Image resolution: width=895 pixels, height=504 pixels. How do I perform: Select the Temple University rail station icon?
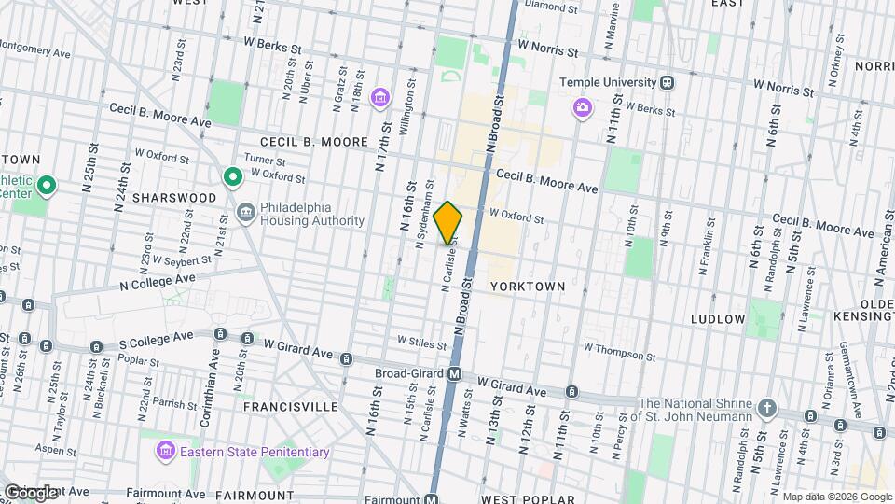[x=667, y=82]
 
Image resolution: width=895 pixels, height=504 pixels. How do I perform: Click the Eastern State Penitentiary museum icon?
[x=165, y=452]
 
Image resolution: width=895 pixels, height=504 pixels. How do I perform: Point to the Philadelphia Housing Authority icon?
[x=246, y=211]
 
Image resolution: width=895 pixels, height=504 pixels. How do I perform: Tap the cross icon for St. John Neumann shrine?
[x=766, y=408]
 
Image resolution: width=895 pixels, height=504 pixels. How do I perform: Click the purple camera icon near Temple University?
[x=582, y=109]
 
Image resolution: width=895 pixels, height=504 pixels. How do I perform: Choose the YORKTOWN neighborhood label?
[x=528, y=287]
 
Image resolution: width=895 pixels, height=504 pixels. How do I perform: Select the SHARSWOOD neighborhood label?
[x=174, y=198]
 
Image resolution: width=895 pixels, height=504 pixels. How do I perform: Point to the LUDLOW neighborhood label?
[x=717, y=319]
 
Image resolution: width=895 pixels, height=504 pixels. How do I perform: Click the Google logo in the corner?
[x=31, y=492]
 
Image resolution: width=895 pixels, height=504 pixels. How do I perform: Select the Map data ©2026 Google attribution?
[x=836, y=497]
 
